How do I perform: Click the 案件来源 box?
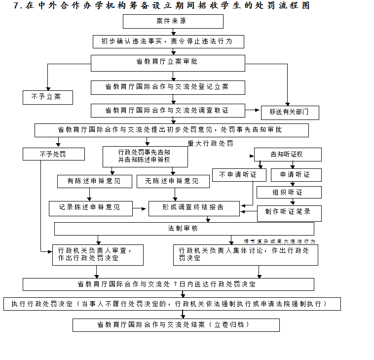pos(173,22)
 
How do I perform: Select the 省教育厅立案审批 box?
pos(168,63)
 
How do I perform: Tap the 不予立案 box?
pos(47,97)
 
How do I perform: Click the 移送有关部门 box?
pos(290,113)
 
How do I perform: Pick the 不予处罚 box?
pos(53,155)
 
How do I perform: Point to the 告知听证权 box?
pos(288,155)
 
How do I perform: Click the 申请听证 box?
pos(296,175)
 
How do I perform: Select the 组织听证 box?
pos(289,192)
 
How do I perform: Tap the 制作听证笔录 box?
pos(289,213)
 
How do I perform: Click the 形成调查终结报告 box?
pos(194,208)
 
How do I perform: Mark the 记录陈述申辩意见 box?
pos(91,208)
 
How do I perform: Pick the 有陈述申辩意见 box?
pos(94,181)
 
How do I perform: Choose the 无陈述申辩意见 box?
pos(173,181)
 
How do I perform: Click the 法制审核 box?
pos(184,229)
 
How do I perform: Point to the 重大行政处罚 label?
pos(210,144)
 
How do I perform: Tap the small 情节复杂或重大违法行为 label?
pos(279,241)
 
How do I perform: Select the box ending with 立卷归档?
pos(176,325)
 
